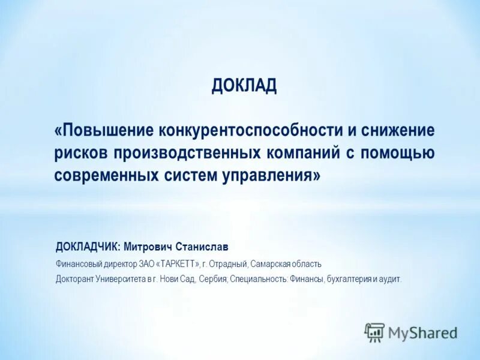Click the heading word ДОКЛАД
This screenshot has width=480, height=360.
(244, 86)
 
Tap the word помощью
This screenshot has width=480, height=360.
(398, 153)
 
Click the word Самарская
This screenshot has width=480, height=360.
(270, 264)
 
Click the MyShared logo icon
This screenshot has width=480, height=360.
(374, 332)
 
